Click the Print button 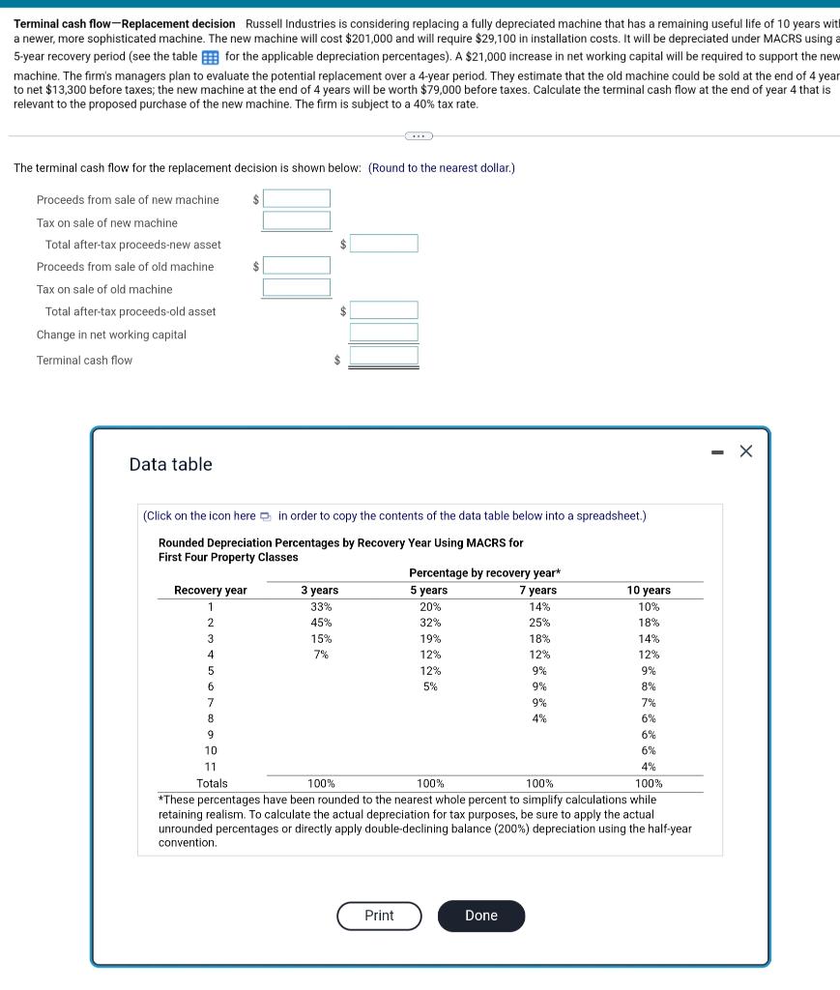pos(379,916)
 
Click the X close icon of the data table pos(745,451)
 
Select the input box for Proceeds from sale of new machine pos(297,199)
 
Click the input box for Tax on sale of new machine pos(297,220)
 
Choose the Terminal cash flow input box pos(384,356)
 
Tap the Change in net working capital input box pos(384,333)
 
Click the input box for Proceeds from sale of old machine pos(297,265)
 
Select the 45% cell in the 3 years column pos(321,623)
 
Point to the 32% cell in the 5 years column pos(430,623)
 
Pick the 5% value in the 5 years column pos(430,686)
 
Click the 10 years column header pos(649,590)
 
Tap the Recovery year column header pos(210,590)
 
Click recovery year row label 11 pos(210,767)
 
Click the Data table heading pos(170,464)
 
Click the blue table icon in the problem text pos(211,57)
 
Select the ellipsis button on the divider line pos(419,136)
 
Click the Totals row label pos(212,783)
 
